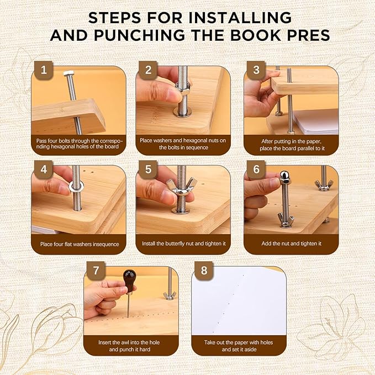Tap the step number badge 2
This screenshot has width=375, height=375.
pos(148,70)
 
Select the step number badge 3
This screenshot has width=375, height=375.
pos(256,70)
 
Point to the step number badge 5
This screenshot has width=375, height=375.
pos(148,168)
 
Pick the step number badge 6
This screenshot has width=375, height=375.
pos(256,168)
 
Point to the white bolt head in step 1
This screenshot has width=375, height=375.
pos(70,73)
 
